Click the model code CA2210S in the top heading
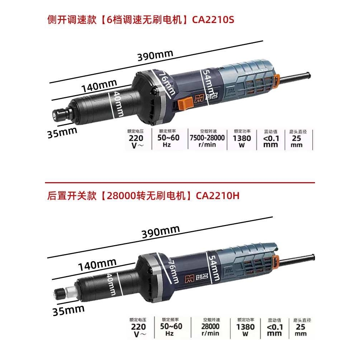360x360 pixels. pos(213,19)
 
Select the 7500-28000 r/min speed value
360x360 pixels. pos(207,141)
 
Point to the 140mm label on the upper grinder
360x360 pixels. pos(99,86)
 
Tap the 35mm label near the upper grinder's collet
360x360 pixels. pos(62,132)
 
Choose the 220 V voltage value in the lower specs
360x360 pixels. pos(138,329)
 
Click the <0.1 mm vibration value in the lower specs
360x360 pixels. pos(275,329)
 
